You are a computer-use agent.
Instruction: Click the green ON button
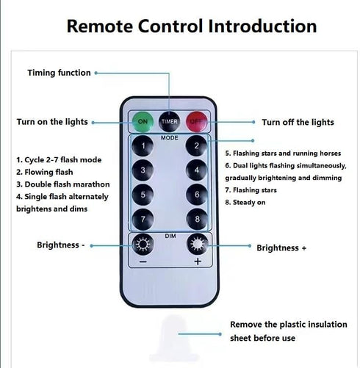(x=143, y=122)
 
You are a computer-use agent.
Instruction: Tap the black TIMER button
(x=169, y=122)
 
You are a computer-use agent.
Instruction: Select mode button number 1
(x=143, y=146)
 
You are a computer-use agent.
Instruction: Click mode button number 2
(x=196, y=146)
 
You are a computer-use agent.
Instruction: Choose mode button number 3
(x=143, y=170)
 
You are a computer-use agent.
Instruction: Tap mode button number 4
(x=197, y=170)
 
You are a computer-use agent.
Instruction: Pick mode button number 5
(x=143, y=195)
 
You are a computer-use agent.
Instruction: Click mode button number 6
(x=197, y=195)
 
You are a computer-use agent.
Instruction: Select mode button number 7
(x=143, y=219)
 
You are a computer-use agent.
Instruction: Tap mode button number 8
(x=197, y=219)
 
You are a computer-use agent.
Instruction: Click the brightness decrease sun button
(x=143, y=245)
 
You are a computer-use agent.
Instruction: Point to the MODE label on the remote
(x=170, y=138)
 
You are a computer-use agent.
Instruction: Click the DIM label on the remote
(x=170, y=236)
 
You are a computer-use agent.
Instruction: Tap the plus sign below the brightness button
(x=198, y=261)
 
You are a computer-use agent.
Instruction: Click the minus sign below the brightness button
(x=143, y=261)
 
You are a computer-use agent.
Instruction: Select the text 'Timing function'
(x=59, y=73)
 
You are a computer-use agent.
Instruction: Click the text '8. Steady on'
(x=245, y=202)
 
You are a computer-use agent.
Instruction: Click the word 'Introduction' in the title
(x=262, y=26)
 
